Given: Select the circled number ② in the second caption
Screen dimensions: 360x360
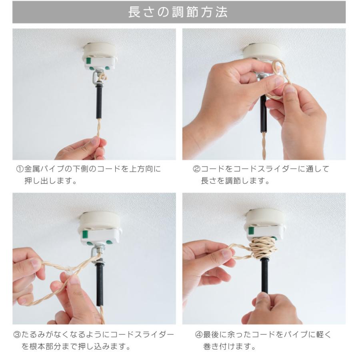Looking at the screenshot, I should point(196,170).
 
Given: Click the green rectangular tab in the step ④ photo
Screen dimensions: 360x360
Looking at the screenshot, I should point(251,231).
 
